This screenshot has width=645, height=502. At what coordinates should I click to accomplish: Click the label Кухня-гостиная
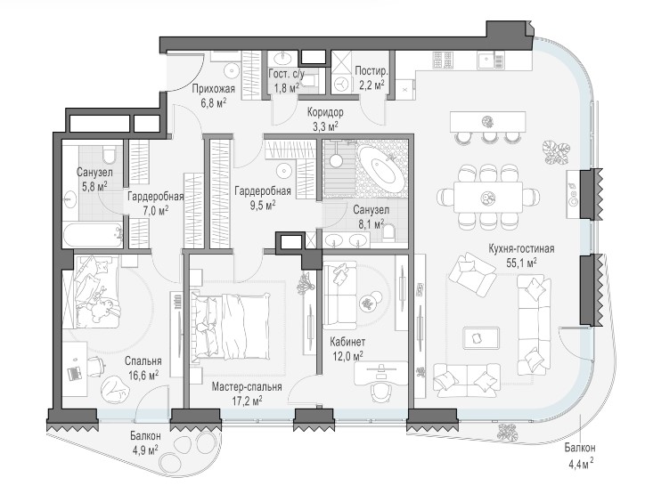[521, 248]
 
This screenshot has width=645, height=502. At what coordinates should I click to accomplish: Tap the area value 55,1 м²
[521, 263]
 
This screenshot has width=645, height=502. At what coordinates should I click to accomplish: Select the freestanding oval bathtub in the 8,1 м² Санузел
[380, 167]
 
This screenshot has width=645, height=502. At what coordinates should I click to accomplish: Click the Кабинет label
[347, 342]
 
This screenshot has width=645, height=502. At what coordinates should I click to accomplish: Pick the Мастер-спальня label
[247, 387]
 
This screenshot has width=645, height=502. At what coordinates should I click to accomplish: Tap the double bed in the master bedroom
[231, 326]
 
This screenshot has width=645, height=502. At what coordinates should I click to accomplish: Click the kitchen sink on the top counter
[490, 61]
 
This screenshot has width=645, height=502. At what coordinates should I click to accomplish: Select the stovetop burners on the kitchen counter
[443, 60]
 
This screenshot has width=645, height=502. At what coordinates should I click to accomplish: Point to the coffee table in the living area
[481, 338]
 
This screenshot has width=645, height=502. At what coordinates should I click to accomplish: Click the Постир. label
[371, 70]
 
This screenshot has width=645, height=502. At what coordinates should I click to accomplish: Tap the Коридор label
[325, 112]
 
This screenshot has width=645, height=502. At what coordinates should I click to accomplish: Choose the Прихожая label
[214, 89]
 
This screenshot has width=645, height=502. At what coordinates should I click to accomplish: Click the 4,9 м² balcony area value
[145, 449]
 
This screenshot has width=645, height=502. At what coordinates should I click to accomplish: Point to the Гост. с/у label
[286, 74]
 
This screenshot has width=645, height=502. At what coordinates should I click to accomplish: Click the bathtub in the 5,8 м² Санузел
[93, 235]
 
